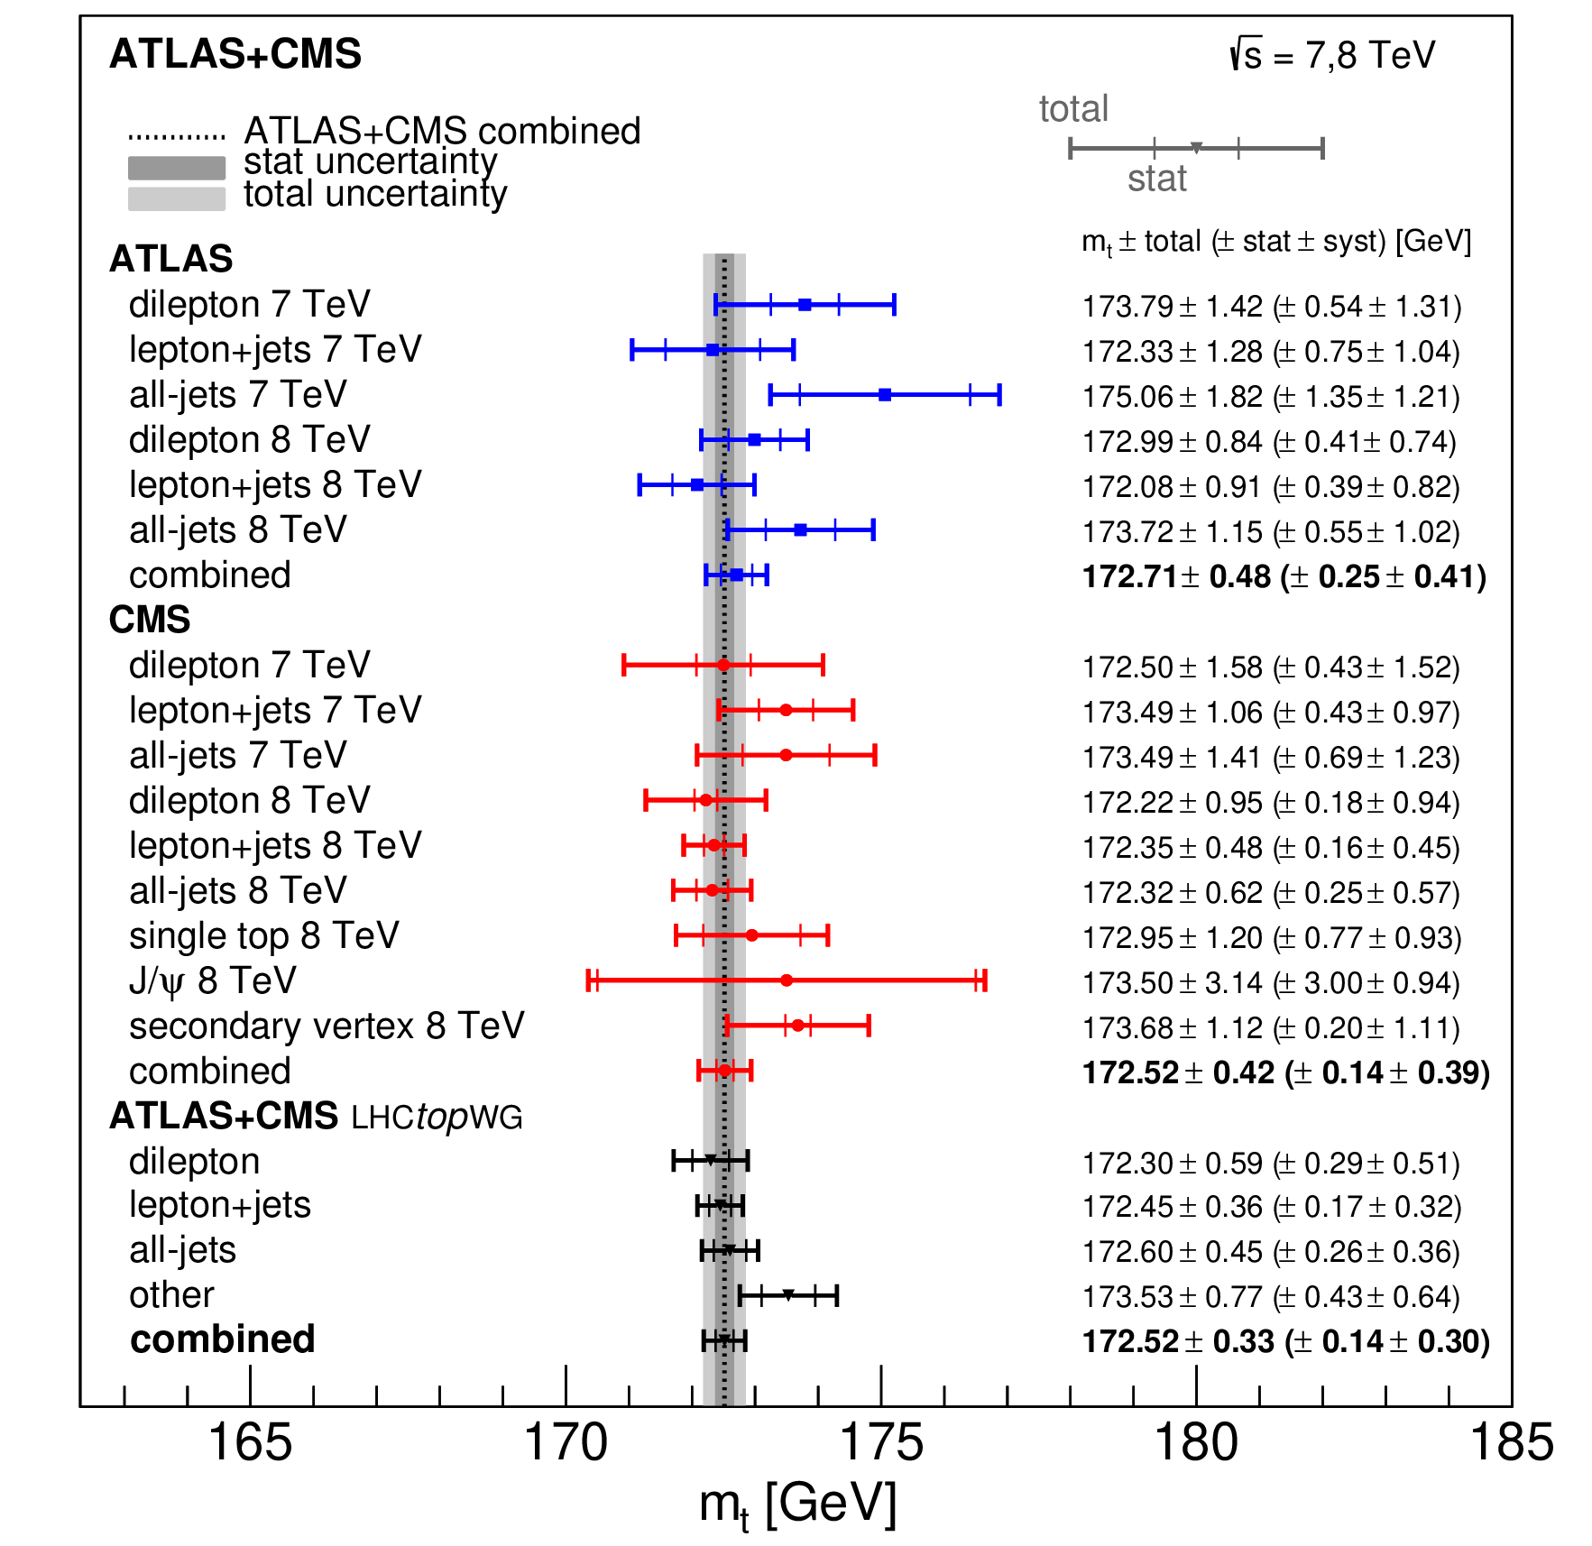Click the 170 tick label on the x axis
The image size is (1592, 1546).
pos(566,1442)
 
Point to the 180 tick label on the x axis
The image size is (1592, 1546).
pos(1196,1442)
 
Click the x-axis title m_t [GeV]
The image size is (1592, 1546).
pos(797,1505)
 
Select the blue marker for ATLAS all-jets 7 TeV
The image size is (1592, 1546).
pos(885,395)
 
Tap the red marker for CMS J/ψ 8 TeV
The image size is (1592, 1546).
pos(787,980)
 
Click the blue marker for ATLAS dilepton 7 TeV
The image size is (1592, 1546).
pos(805,305)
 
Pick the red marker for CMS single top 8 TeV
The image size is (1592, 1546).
pos(751,935)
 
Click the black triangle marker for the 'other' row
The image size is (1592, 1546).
pos(788,1295)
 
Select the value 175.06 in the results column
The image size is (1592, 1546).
pos(1127,397)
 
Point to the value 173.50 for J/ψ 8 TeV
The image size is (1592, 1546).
pos(1127,982)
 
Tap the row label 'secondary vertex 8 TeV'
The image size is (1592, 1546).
pos(327,1026)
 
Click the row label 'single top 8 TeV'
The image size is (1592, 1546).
pos(263,936)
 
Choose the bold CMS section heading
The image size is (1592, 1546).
pos(150,620)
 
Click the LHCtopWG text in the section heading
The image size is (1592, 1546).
pos(437,1118)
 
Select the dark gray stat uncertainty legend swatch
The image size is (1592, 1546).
pos(177,168)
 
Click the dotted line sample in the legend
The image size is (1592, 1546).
pos(177,137)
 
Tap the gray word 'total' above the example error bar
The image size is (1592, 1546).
pos(1073,109)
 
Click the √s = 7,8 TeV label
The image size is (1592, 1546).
pos(1331,55)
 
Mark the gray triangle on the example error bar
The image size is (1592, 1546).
pos(1196,148)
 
